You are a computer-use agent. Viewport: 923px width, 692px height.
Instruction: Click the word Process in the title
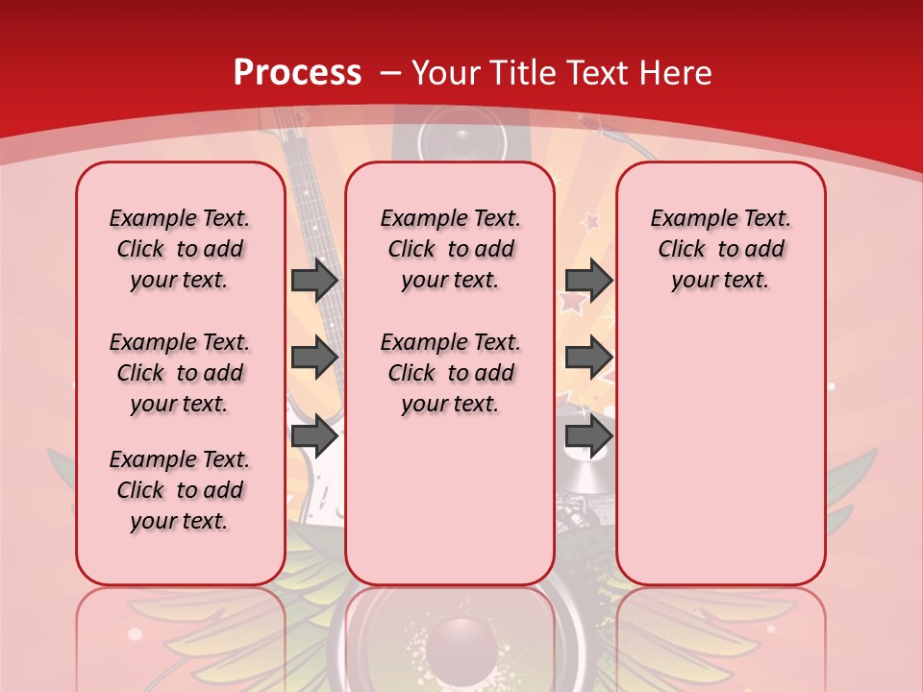(x=297, y=73)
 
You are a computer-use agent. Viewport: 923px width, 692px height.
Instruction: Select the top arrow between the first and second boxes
(x=314, y=280)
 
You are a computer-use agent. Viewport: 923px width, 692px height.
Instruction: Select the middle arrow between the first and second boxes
(x=314, y=358)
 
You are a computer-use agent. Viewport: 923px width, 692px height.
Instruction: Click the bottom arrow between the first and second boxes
(x=314, y=435)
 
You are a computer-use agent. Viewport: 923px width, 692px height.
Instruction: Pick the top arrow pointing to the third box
(x=588, y=280)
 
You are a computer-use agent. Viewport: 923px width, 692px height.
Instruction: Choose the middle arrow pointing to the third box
(x=588, y=358)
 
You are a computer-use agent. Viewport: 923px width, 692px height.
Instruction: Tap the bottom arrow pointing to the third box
(x=588, y=435)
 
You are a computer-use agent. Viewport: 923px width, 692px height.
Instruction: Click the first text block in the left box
(x=180, y=249)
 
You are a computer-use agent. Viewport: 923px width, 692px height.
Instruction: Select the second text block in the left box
(x=180, y=373)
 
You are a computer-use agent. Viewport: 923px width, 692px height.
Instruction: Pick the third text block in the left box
(x=180, y=490)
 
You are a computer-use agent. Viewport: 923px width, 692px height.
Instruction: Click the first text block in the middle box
(x=450, y=249)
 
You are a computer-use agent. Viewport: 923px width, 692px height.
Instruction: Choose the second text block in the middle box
(x=450, y=373)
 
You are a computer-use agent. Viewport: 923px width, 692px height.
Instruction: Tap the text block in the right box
(x=720, y=249)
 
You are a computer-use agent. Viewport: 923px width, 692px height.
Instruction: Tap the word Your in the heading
(x=447, y=73)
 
